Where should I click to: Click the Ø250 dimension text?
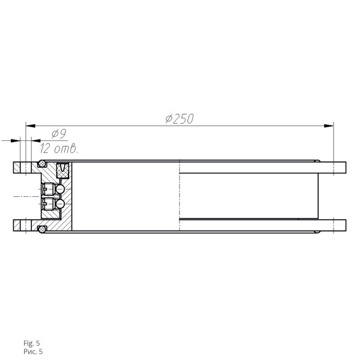[x=179, y=119]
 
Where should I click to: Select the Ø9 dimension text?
[x=59, y=134]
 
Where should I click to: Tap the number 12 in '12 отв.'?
[x=44, y=149]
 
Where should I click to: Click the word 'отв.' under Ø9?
[x=67, y=149]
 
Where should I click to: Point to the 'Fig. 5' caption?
[x=31, y=343]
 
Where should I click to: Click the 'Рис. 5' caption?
[x=33, y=352]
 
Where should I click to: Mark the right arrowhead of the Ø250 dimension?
[x=329, y=126]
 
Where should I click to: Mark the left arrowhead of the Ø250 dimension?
[x=31, y=126]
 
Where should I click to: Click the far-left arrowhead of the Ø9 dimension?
[x=16, y=140]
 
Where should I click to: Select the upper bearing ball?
[x=60, y=189]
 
